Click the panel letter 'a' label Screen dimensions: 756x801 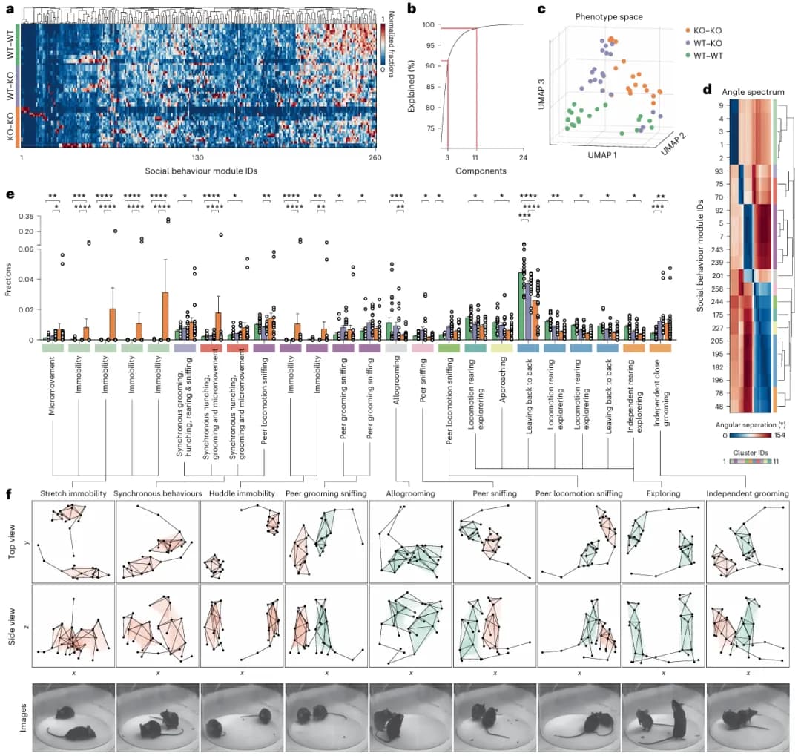click(x=10, y=8)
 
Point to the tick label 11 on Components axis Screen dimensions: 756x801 click(x=476, y=158)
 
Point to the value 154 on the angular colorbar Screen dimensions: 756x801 click(x=779, y=435)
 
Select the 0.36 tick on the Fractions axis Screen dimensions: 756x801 click(x=24, y=217)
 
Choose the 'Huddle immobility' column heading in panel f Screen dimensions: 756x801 click(x=241, y=493)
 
